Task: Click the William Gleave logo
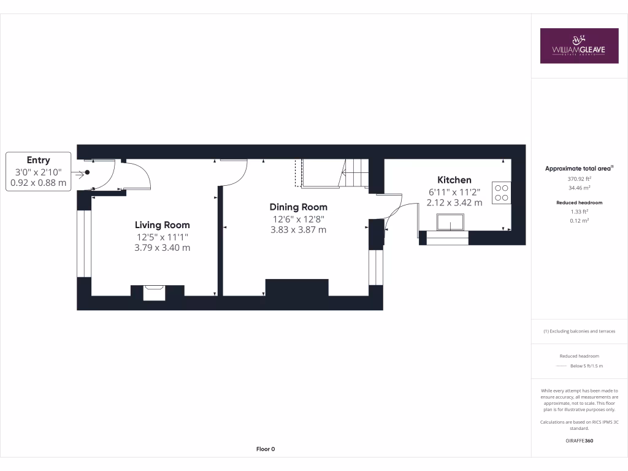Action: (x=579, y=46)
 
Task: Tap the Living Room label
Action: (x=162, y=225)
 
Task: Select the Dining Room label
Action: (x=298, y=207)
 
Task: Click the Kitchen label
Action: (x=454, y=180)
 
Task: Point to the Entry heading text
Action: (x=38, y=160)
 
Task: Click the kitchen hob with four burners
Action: (x=500, y=192)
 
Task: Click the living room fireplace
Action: (x=154, y=292)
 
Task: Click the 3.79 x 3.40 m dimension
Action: (x=162, y=248)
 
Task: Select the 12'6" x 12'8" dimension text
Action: (x=298, y=219)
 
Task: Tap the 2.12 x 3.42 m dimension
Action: (x=454, y=202)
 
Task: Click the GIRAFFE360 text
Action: (x=579, y=441)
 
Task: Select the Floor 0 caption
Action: (x=265, y=449)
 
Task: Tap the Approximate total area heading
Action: (x=579, y=168)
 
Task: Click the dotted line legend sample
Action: (x=561, y=366)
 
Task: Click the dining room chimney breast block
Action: (x=297, y=287)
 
